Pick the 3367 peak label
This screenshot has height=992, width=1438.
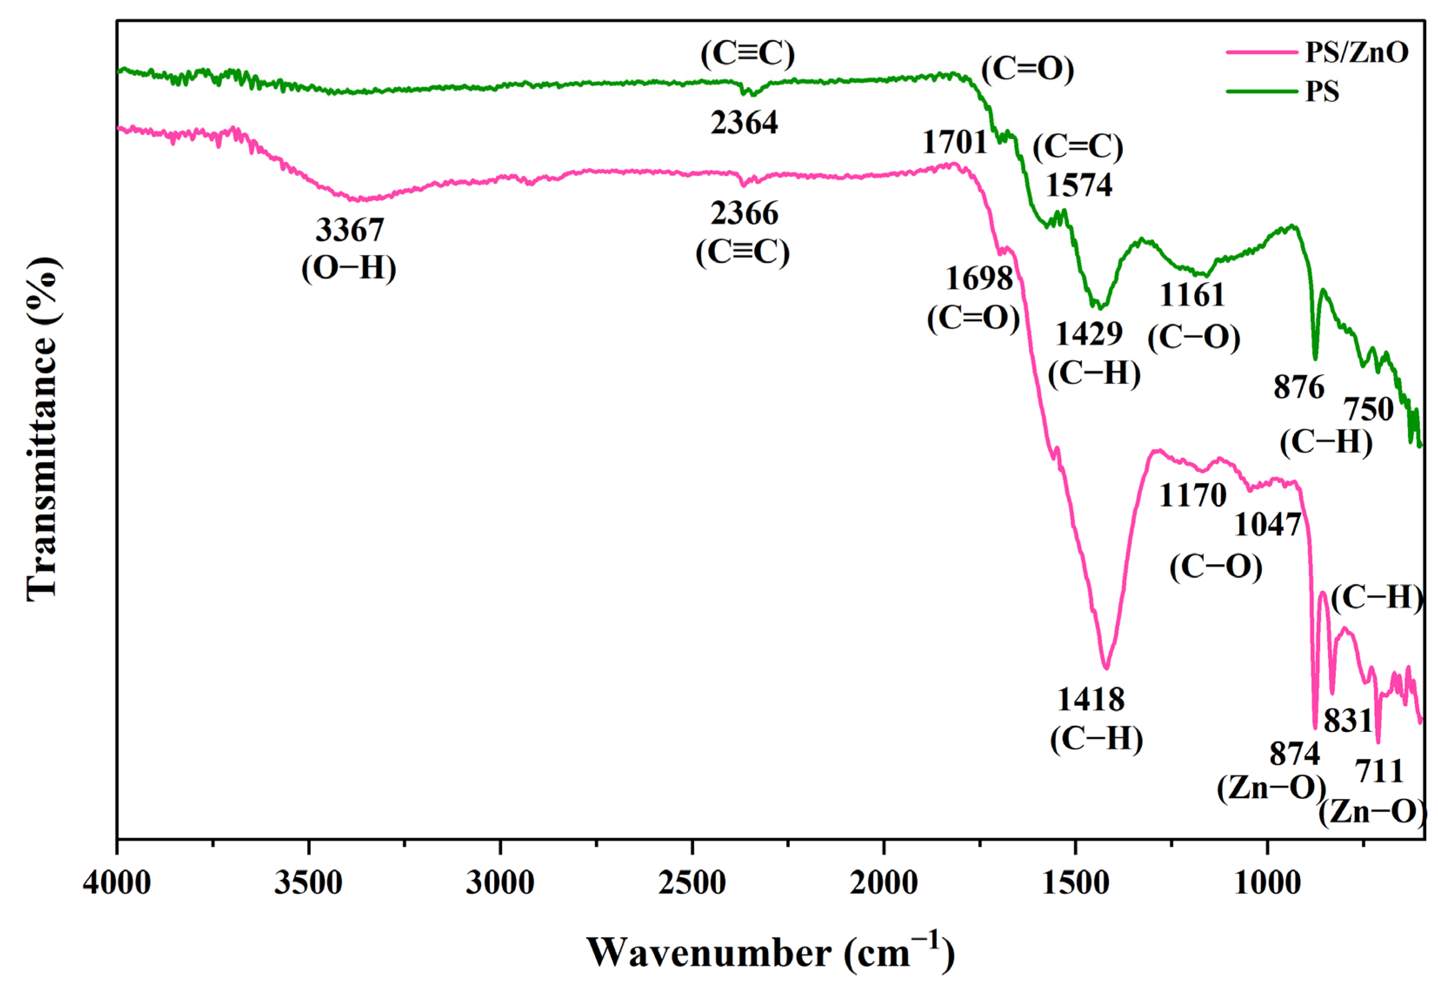point(349,230)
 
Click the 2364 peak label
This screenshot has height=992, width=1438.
point(744,123)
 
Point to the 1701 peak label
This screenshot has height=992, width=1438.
point(955,142)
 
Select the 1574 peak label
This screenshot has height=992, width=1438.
point(1079,185)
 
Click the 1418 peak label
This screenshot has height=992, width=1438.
point(1091,700)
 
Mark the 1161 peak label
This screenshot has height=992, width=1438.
point(1192,294)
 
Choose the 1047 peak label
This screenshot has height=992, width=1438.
point(1267,525)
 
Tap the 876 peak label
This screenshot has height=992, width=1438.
point(1299,388)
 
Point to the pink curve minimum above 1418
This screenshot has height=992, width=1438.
point(1106,668)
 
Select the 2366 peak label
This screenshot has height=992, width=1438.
point(744,214)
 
